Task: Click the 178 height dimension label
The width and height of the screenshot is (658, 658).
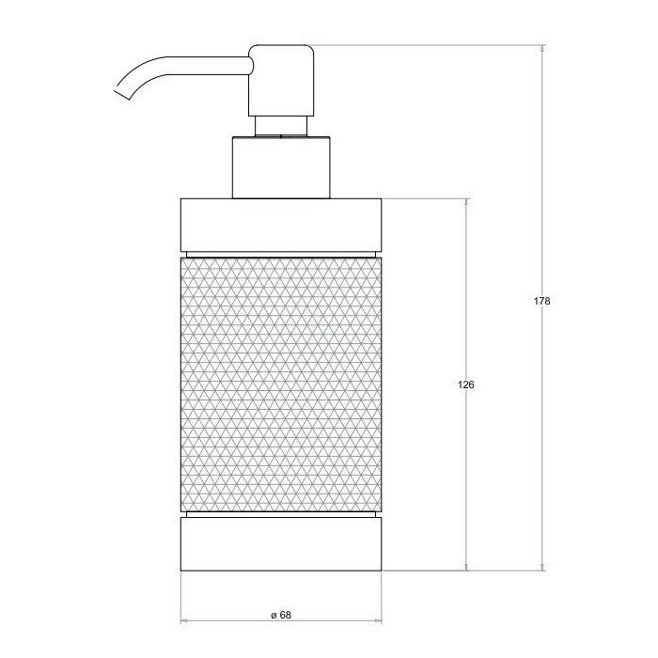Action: (541, 301)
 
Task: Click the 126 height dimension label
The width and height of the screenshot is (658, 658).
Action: (466, 384)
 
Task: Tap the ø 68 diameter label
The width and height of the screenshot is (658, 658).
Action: (281, 615)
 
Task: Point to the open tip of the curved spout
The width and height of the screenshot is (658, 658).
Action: (122, 95)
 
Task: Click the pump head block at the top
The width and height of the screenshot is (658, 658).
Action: (281, 80)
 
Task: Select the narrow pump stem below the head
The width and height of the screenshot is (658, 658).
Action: (281, 126)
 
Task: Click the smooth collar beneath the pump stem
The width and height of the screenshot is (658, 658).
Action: (281, 167)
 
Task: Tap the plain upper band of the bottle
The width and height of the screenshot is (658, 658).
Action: (281, 226)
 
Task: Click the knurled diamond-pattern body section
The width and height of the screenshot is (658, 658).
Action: (281, 384)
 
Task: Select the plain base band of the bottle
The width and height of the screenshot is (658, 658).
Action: (281, 544)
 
